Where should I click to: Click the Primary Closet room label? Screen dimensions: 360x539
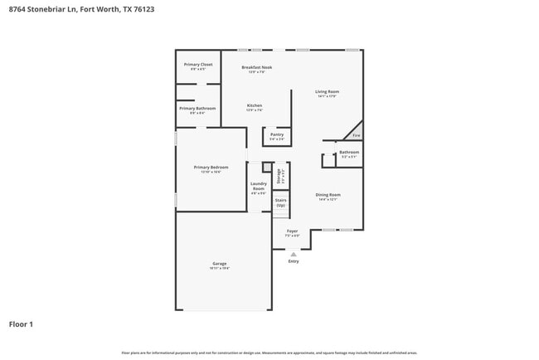click(x=198, y=65)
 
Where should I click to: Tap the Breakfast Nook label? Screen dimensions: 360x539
click(x=257, y=67)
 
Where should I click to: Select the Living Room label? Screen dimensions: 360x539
click(x=327, y=92)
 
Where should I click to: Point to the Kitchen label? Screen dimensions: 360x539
click(x=255, y=105)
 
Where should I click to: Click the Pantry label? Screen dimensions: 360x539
click(x=277, y=134)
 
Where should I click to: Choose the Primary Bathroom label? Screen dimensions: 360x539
click(x=197, y=109)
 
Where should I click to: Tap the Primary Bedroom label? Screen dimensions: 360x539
click(x=211, y=168)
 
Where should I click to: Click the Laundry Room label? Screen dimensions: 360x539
click(x=259, y=187)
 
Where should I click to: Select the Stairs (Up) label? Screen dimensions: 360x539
click(x=281, y=202)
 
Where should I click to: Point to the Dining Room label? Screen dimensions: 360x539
click(x=328, y=195)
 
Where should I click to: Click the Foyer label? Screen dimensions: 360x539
click(x=292, y=231)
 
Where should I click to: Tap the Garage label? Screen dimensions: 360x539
click(x=219, y=264)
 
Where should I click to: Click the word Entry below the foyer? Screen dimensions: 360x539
click(x=293, y=261)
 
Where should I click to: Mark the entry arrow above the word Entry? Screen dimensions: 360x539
click(x=293, y=254)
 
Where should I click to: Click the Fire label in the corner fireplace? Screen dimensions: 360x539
click(x=357, y=135)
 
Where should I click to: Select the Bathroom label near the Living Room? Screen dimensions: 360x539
click(x=349, y=152)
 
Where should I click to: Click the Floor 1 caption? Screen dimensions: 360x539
click(x=21, y=324)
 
